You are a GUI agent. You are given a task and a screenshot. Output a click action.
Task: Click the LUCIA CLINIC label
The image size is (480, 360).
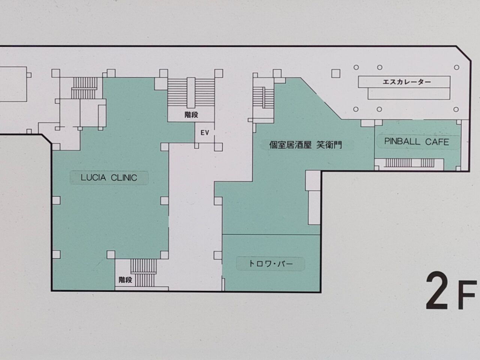tap(109, 178)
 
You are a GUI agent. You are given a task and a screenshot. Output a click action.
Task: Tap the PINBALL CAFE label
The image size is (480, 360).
tap(416, 142)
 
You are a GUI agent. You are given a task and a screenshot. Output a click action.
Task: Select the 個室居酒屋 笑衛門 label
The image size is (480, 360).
tap(306, 145)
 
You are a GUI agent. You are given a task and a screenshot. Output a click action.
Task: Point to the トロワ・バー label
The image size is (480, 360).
tap(270, 264)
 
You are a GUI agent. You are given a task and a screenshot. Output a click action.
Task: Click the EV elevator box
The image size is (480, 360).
tap(204, 133)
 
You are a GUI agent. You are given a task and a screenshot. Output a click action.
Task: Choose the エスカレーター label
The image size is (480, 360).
tap(406, 82)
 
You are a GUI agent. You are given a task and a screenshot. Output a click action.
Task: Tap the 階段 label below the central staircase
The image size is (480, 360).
tap(191, 115)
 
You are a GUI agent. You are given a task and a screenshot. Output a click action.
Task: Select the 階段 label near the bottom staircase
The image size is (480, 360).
tap(125, 280)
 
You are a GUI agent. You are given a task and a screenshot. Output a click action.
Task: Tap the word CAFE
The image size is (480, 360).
tap(437, 142)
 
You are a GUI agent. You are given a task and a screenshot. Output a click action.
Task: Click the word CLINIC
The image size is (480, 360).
tap(123, 178)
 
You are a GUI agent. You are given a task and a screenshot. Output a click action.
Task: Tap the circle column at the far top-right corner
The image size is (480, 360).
tap(457, 67)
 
